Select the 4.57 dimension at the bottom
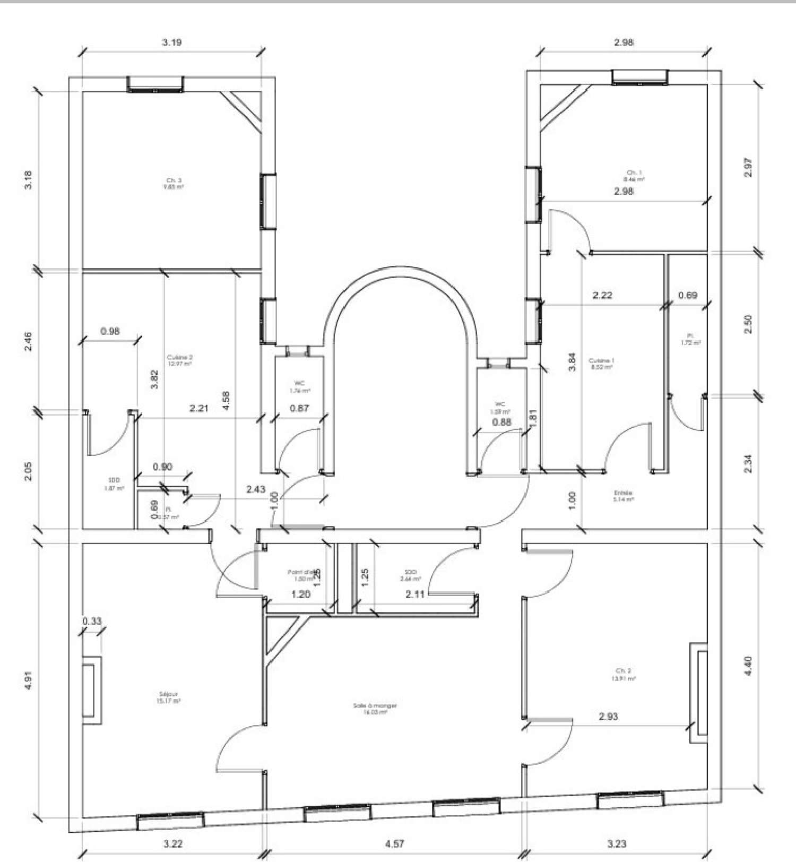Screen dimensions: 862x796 pyautogui.click(x=394, y=843)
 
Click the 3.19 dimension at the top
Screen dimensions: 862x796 pyautogui.click(x=172, y=42)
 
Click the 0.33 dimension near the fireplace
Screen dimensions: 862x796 pyautogui.click(x=92, y=620)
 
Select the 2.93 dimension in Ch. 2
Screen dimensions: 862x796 pyautogui.click(x=608, y=716)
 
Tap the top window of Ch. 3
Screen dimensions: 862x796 pyautogui.click(x=155, y=84)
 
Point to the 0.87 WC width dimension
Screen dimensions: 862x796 pyautogui.click(x=300, y=408)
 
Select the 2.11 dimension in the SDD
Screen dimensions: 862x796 pyautogui.click(x=415, y=594)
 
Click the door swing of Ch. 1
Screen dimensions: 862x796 pyautogui.click(x=570, y=227)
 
